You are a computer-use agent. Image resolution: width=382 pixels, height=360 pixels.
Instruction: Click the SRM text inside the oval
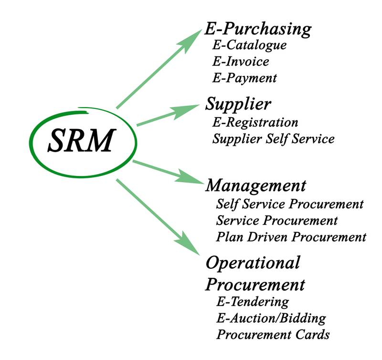click(81, 140)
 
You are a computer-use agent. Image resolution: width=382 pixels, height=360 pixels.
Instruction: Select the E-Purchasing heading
click(257, 29)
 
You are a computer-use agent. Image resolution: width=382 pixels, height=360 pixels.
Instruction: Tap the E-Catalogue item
click(249, 45)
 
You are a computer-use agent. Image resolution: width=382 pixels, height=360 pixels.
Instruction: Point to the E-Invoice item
click(241, 62)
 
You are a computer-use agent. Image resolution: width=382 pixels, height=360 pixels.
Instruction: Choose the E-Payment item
click(244, 77)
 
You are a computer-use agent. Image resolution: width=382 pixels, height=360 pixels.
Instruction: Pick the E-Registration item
click(255, 122)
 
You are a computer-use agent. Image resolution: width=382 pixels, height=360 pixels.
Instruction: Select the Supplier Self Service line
click(273, 139)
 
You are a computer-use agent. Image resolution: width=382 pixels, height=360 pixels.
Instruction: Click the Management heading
click(255, 185)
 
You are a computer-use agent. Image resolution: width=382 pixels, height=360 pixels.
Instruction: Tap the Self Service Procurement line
click(290, 204)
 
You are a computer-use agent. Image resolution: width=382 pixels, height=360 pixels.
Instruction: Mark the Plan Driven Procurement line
click(291, 237)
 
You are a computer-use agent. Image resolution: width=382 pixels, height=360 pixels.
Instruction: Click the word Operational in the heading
click(253, 262)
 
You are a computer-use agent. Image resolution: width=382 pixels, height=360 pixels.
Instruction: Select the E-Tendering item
click(252, 302)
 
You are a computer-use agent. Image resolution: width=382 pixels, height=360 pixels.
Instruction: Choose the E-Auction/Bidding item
click(271, 318)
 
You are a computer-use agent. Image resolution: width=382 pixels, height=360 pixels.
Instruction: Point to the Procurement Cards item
click(273, 334)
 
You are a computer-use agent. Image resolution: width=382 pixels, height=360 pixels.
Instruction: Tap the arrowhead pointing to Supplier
click(189, 111)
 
